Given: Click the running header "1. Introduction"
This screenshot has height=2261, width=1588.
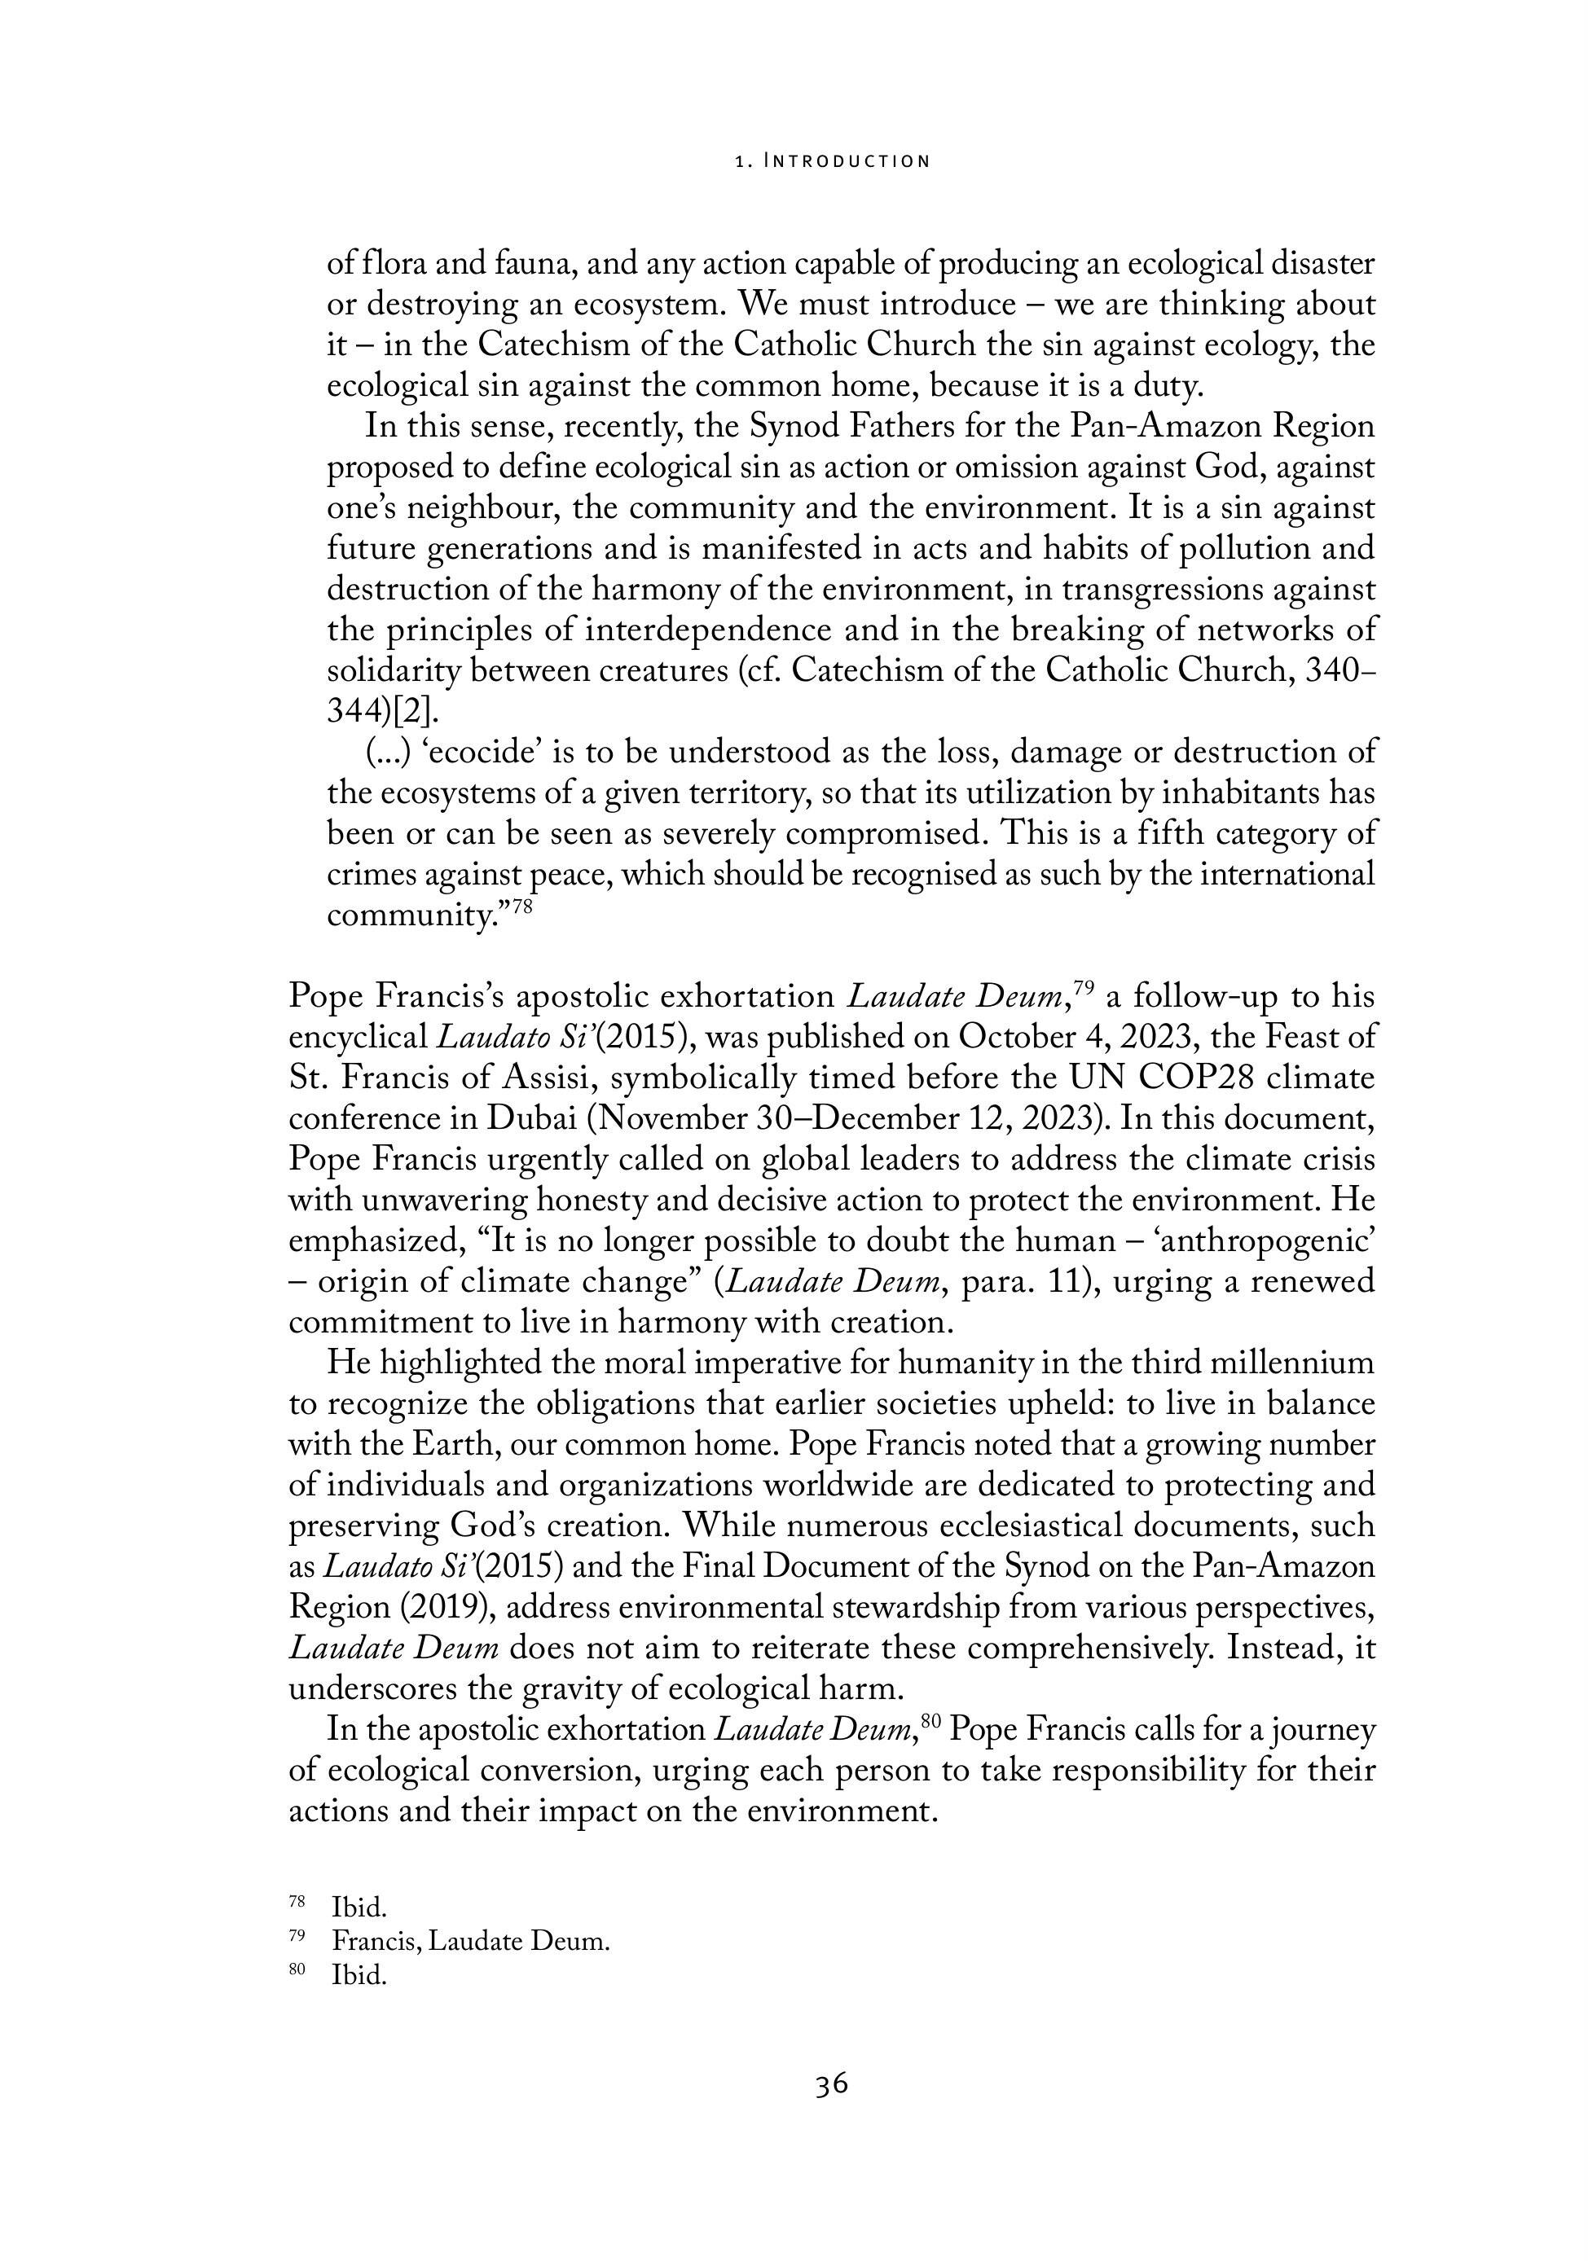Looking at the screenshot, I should click(x=833, y=160).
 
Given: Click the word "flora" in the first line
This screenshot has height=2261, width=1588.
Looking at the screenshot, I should click(x=395, y=264).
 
